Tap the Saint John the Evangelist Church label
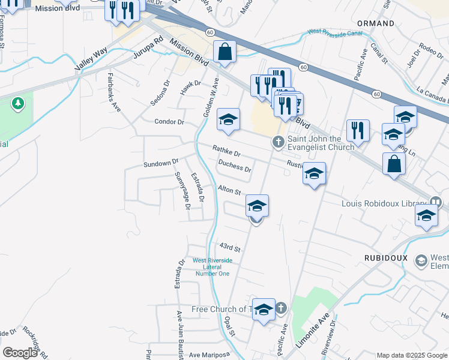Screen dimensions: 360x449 (321, 143)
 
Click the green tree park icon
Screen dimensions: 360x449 (19, 104)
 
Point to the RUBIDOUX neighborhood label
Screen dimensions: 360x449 (386, 257)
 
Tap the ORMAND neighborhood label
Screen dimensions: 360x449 (376, 23)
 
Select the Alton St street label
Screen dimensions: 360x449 (229, 190)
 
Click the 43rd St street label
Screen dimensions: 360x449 (229, 247)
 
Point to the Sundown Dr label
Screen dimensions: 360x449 (161, 163)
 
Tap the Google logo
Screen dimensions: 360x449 (20, 353)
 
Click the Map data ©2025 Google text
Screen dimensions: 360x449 (411, 355)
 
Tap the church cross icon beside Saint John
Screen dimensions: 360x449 (277, 142)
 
